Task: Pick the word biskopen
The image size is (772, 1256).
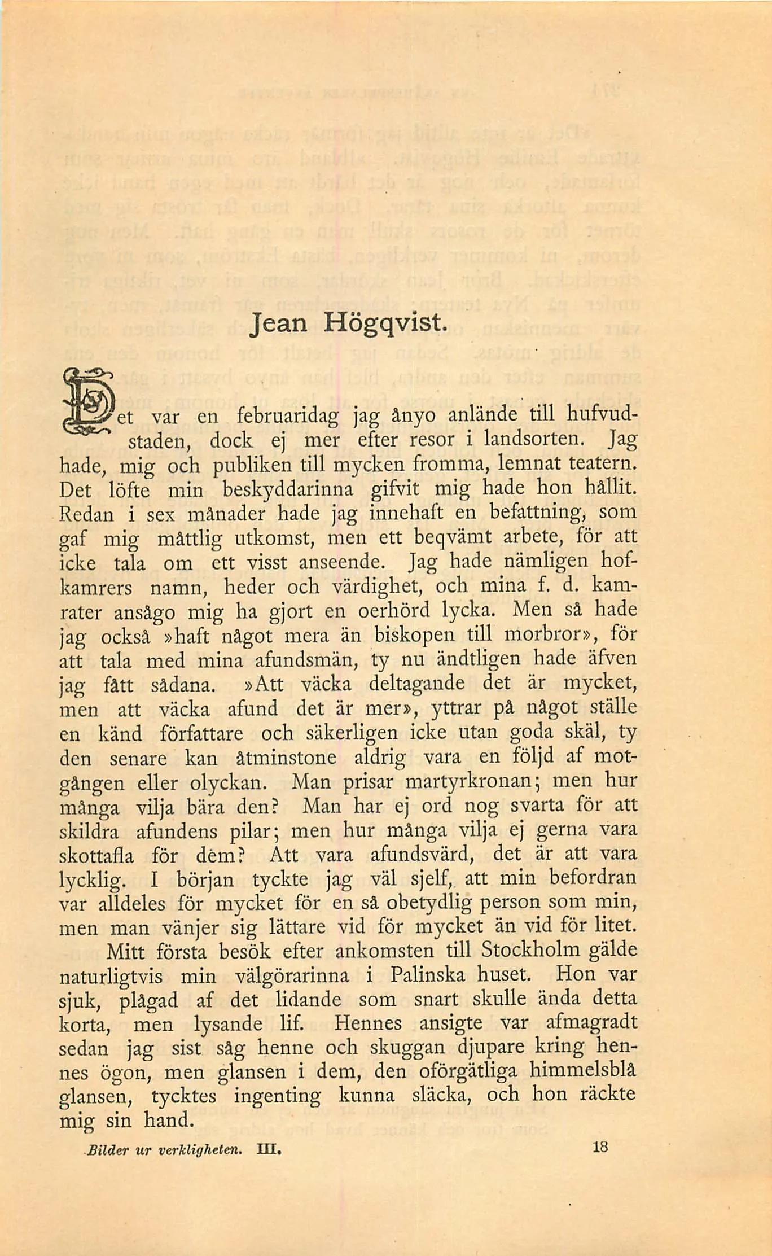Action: point(414,635)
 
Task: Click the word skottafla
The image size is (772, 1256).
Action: point(97,856)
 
